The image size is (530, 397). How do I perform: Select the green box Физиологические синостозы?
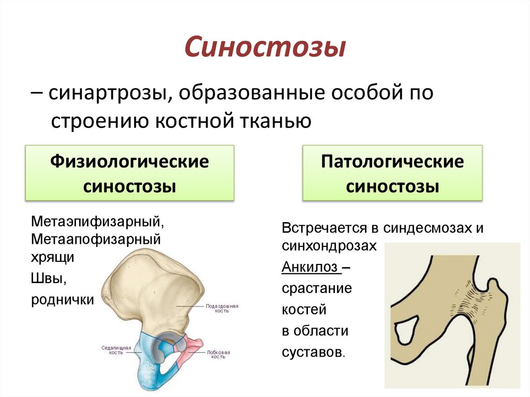tap(129, 173)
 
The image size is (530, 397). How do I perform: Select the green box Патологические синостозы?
tap(392, 173)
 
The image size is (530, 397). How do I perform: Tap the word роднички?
tap(62, 300)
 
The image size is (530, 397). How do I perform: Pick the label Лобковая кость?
tap(218, 354)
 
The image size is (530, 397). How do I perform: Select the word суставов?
tap(312, 352)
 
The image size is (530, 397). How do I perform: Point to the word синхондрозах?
tap(330, 246)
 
